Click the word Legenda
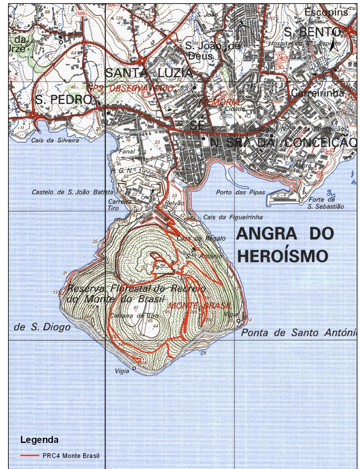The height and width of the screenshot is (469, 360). [39, 440]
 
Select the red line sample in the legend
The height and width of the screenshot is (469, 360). [30, 456]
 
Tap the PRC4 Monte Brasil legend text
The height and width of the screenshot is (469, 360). [71, 456]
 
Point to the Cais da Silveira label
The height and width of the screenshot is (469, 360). [55, 140]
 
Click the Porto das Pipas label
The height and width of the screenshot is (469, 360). [240, 192]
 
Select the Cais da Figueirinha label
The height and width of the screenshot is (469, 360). [233, 217]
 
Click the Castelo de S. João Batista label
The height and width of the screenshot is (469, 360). [72, 192]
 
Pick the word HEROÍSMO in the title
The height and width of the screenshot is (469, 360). [283, 256]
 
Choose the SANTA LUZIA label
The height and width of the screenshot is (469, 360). [149, 73]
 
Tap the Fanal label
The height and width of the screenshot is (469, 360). [127, 151]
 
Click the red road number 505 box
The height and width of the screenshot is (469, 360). [82, 13]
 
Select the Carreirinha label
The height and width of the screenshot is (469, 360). [317, 93]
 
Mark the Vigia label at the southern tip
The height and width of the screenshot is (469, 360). [122, 371]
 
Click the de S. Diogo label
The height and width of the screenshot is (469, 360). [42, 327]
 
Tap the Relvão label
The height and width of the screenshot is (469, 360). [175, 203]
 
